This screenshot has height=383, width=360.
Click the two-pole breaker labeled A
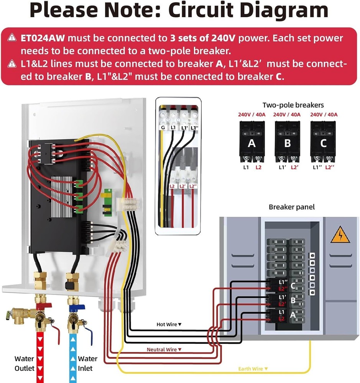tap(252, 143)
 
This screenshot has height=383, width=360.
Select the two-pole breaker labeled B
tap(288, 143)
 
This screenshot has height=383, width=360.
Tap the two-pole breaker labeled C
tap(323, 143)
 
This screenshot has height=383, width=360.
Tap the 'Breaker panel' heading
tap(292, 207)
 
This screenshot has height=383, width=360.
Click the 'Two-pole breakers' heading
tap(293, 105)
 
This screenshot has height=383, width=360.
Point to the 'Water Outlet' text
tap(24, 363)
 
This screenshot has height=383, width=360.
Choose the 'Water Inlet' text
tap(87, 363)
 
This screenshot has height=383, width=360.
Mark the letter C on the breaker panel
tap(293, 286)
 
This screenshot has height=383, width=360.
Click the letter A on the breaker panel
tap(293, 315)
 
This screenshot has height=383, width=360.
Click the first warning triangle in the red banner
tap(13, 38)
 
